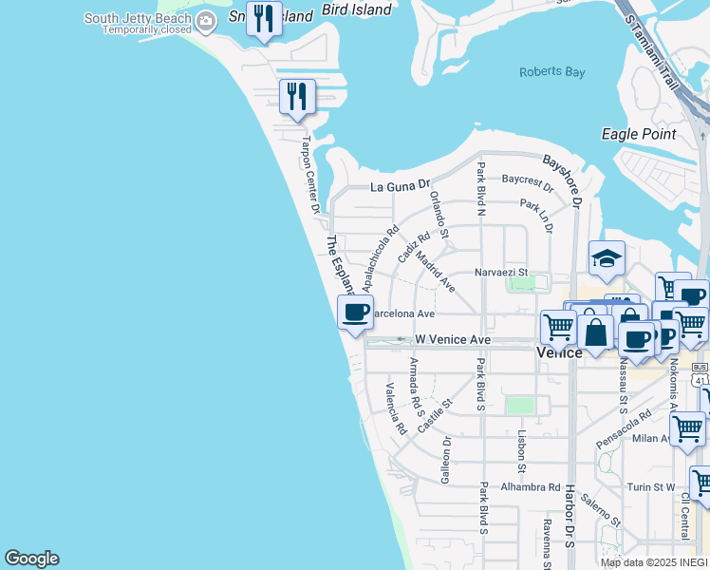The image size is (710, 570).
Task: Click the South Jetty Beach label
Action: (137, 18)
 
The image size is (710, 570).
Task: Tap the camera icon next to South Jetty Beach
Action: (205, 20)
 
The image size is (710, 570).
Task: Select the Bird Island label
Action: (356, 9)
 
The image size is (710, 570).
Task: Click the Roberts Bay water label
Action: (553, 72)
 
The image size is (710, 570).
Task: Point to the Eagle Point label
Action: (639, 134)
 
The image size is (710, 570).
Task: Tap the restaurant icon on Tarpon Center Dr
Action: (297, 96)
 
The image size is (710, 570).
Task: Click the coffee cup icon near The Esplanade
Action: (355, 312)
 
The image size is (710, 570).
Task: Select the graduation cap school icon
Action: (607, 257)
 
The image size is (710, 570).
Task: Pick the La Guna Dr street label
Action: (400, 185)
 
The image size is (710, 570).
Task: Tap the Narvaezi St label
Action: (500, 273)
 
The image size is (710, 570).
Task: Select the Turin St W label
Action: (650, 487)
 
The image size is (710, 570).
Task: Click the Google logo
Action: (31, 559)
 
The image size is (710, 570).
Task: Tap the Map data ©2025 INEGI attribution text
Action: (653, 562)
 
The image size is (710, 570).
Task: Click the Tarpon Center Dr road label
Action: (311, 172)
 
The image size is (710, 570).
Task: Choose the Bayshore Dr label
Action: (562, 177)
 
